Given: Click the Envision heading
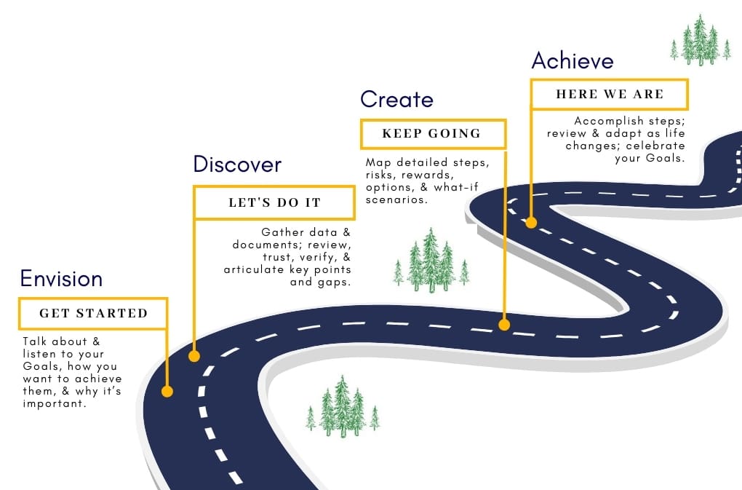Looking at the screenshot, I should click(x=61, y=279).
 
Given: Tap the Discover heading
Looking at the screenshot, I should click(x=236, y=165).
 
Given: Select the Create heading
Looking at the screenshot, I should click(x=396, y=99).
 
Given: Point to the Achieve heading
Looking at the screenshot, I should click(x=573, y=60).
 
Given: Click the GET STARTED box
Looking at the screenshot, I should click(x=93, y=314).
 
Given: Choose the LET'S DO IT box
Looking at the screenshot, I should click(x=274, y=202).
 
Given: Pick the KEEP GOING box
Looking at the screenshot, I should click(x=432, y=134).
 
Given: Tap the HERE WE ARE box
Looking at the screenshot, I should click(x=610, y=95).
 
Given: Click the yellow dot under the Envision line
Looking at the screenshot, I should click(x=167, y=392).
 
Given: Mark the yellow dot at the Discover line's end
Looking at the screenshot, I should click(x=194, y=356).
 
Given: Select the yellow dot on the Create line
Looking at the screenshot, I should click(x=504, y=325).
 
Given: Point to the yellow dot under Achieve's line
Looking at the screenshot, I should click(x=531, y=223).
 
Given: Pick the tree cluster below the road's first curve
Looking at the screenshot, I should click(x=342, y=407).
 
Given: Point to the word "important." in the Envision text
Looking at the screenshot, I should click(x=55, y=404).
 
